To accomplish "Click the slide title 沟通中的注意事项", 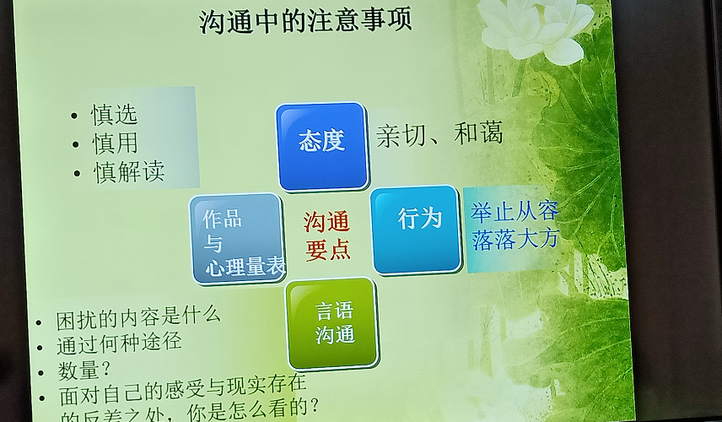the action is click(x=305, y=21).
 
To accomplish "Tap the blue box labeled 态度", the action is click(x=322, y=147).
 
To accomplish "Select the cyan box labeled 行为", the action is click(x=416, y=230).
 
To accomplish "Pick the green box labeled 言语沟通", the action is click(x=331, y=323).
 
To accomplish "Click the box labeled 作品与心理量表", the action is click(x=237, y=239).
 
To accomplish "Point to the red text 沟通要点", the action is click(x=327, y=236).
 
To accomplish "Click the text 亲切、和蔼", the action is click(x=439, y=134).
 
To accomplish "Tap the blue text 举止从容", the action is click(x=515, y=212).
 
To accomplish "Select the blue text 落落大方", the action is click(x=515, y=239).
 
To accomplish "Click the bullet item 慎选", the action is click(x=114, y=115).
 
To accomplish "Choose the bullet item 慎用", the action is click(x=115, y=143).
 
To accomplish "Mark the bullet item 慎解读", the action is click(x=129, y=172).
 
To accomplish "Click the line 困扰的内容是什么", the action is click(x=138, y=317).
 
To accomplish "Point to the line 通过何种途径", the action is click(x=119, y=344).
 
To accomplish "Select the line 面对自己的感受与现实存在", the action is click(x=183, y=389).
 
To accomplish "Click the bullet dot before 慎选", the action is click(x=74, y=116).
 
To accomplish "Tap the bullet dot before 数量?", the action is click(x=42, y=373).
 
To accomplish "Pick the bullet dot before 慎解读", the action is click(x=77, y=174).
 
